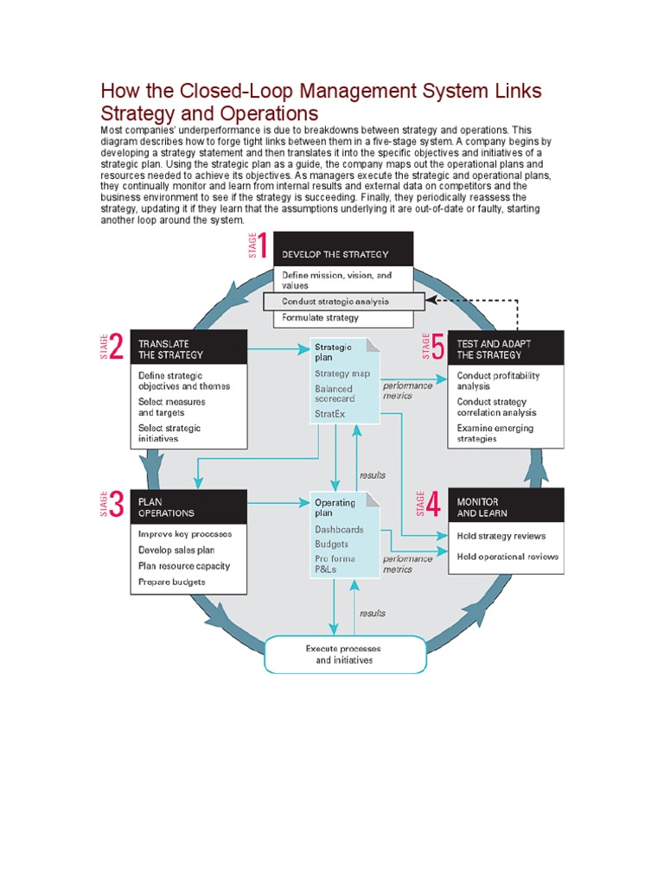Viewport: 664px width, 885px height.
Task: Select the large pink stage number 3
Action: pyautogui.click(x=118, y=505)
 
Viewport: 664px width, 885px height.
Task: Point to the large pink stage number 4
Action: pyautogui.click(x=434, y=503)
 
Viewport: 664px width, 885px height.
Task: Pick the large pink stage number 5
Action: pyautogui.click(x=437, y=347)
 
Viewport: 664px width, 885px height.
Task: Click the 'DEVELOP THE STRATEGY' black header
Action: pyautogui.click(x=342, y=254)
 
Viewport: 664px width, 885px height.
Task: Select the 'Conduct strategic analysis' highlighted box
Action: pyautogui.click(x=344, y=302)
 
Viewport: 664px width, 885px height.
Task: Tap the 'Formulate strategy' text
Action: pyautogui.click(x=320, y=318)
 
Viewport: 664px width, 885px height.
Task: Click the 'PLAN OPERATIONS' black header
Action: pyautogui.click(x=188, y=506)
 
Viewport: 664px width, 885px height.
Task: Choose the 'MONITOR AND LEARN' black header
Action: pyautogui.click(x=506, y=506)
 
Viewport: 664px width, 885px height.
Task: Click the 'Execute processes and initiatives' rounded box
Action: pyautogui.click(x=344, y=654)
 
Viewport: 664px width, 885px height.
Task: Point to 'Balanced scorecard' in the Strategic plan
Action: pyautogui.click(x=334, y=394)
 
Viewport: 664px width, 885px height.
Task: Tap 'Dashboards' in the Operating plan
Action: pyautogui.click(x=339, y=529)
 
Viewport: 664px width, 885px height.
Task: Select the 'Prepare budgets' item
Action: pyautogui.click(x=172, y=582)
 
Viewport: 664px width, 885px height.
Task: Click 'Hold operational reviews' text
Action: pyautogui.click(x=508, y=557)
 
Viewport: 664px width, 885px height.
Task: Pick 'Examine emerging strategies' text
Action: pyautogui.click(x=495, y=433)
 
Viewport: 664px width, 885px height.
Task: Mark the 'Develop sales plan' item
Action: pyautogui.click(x=176, y=550)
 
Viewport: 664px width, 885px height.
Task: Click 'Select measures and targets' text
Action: pyautogui.click(x=172, y=407)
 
